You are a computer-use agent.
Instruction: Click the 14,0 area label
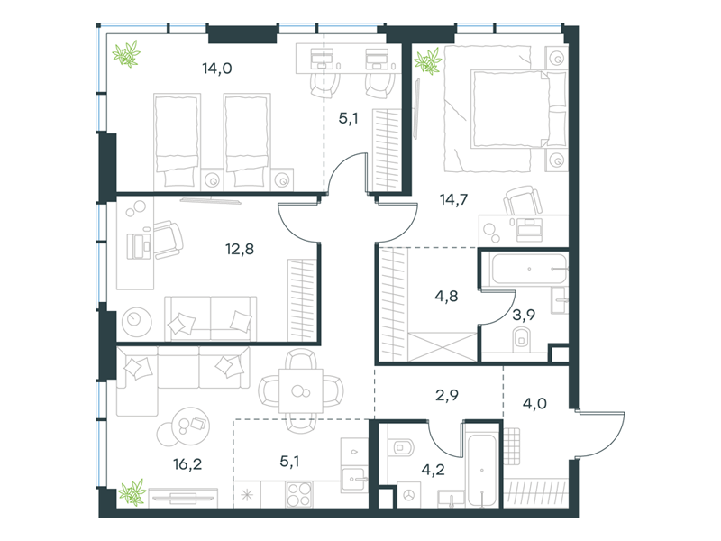(x=217, y=69)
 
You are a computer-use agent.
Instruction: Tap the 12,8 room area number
(x=240, y=250)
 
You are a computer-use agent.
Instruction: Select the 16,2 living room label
(x=187, y=464)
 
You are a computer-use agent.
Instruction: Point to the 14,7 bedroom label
(x=454, y=199)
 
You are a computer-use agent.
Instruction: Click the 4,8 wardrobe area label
(x=446, y=296)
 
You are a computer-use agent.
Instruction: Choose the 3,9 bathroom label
(x=524, y=315)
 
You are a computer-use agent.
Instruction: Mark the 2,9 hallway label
(x=447, y=395)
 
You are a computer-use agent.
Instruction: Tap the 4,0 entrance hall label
(x=534, y=404)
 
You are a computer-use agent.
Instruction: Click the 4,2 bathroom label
(x=434, y=470)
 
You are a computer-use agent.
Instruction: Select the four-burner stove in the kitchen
(x=299, y=494)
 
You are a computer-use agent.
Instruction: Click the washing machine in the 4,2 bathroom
(x=409, y=495)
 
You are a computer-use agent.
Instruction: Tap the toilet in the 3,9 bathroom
(x=522, y=339)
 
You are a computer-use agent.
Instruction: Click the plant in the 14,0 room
(x=126, y=54)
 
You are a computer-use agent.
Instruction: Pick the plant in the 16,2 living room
(x=132, y=492)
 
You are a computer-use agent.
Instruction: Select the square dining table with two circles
(x=301, y=391)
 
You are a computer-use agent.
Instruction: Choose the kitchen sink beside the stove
(x=354, y=480)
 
